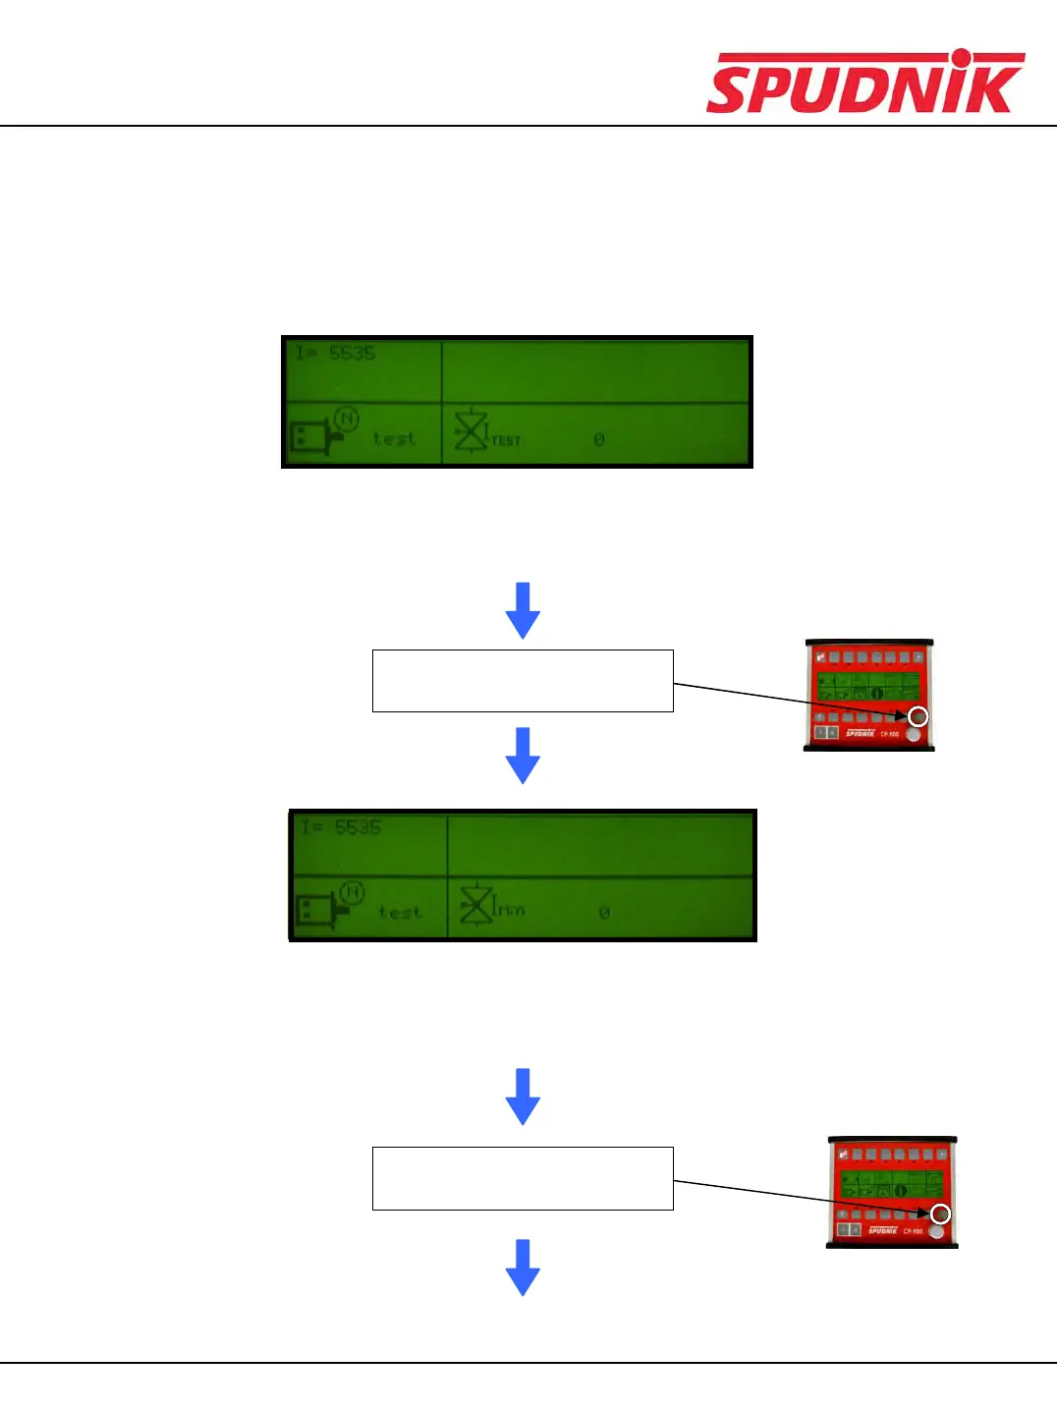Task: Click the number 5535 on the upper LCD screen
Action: coord(352,353)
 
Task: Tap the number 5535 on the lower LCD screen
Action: coord(358,827)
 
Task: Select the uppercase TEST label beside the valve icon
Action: coord(506,441)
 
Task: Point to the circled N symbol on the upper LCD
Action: coord(346,420)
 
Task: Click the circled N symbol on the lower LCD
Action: coord(352,893)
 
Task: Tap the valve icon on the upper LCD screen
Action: coord(471,429)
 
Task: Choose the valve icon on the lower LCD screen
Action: coord(476,904)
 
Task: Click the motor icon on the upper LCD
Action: coord(312,437)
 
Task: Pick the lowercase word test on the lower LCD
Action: coord(400,913)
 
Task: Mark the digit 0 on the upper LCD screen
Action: coord(599,439)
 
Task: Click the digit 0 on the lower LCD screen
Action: coord(604,913)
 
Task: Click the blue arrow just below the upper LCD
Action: coord(523,609)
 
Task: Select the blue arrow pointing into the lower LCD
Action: coord(523,755)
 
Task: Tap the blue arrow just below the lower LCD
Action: coord(523,1096)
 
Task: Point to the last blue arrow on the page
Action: coord(523,1267)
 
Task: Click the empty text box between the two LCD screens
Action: coord(523,680)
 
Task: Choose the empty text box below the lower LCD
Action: coord(523,1177)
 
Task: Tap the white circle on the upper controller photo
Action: coord(918,716)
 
